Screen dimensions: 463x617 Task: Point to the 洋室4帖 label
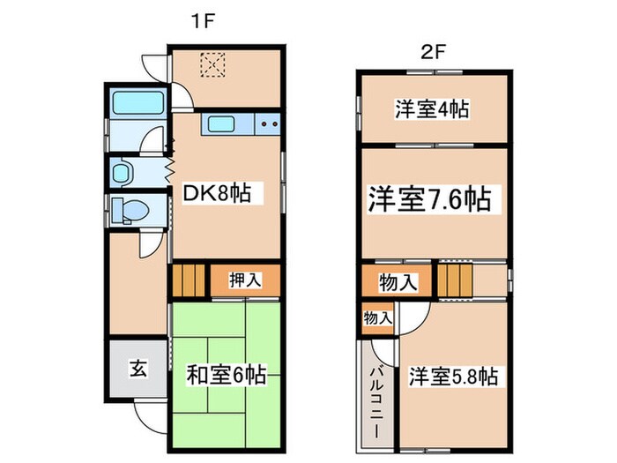pyautogui.click(x=431, y=109)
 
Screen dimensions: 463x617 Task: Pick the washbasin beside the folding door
pyautogui.click(x=123, y=170)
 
